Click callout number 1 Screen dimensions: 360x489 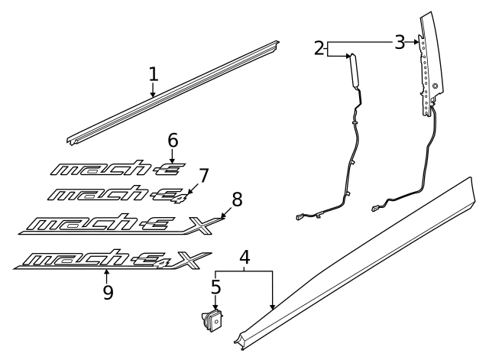click(154, 74)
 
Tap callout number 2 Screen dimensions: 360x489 click(319, 48)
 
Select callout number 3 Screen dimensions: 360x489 click(400, 42)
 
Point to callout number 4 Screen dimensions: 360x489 click(244, 258)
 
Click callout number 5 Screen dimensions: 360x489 click(216, 288)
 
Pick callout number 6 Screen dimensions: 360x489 click(173, 140)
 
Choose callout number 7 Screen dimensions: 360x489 click(204, 175)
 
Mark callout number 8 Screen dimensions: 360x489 click(237, 200)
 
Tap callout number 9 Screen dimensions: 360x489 click(108, 292)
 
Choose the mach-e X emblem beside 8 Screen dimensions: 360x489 click(115, 224)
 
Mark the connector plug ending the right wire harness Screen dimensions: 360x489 click(376, 206)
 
